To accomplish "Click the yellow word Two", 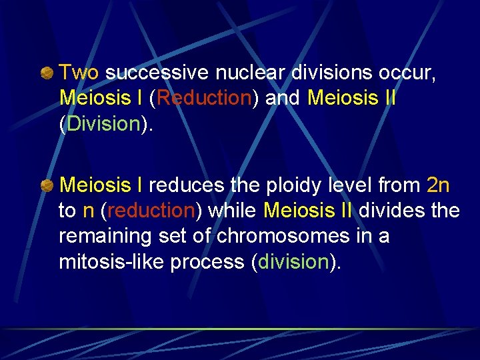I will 79,71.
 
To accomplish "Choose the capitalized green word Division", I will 103,124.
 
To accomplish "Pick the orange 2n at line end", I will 438,185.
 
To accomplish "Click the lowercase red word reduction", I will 150,211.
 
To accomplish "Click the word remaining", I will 101,237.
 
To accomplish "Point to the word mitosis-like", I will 110,263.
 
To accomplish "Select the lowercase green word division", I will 293,263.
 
